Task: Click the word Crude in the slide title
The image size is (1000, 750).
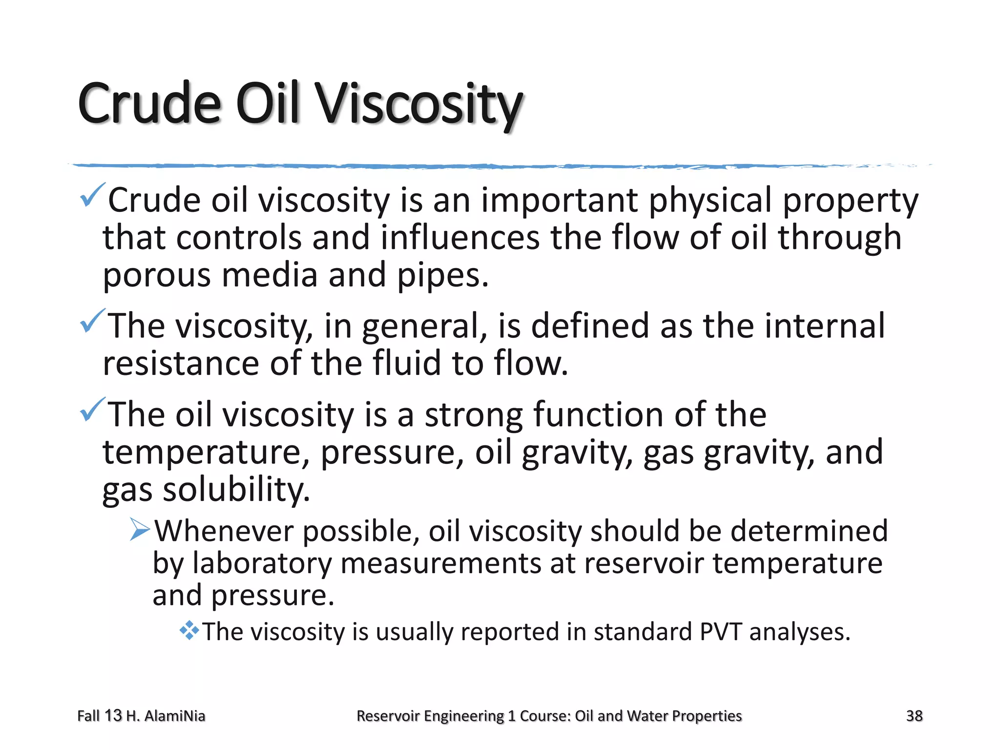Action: pyautogui.click(x=149, y=104)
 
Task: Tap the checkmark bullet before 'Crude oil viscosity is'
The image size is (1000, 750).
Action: pyautogui.click(x=91, y=195)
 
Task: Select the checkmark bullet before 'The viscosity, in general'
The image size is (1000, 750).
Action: pyautogui.click(x=91, y=321)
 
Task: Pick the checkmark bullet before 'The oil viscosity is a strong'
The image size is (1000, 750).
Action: pyautogui.click(x=91, y=410)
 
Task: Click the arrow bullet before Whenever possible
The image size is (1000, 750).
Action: pyautogui.click(x=140, y=530)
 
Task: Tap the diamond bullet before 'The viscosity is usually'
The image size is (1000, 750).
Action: pyautogui.click(x=189, y=630)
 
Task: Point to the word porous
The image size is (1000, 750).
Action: pyautogui.click(x=157, y=276)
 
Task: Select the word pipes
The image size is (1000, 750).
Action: pyautogui.click(x=442, y=276)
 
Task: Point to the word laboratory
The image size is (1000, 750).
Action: pyautogui.click(x=262, y=563)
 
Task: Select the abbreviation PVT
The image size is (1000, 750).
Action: pyautogui.click(x=720, y=631)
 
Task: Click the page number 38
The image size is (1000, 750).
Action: pyautogui.click(x=914, y=716)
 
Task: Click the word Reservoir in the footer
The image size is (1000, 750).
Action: pyautogui.click(x=388, y=716)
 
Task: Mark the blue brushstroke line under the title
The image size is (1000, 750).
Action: pyautogui.click(x=488, y=167)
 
